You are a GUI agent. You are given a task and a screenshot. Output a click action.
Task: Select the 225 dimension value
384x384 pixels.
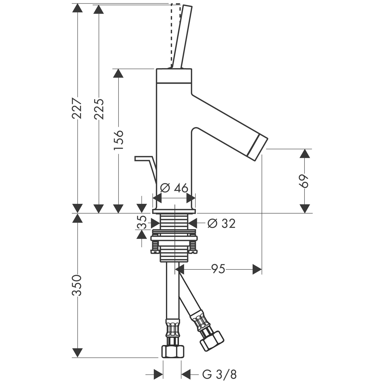[99, 109]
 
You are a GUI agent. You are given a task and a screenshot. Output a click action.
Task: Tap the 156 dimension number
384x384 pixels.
[118, 140]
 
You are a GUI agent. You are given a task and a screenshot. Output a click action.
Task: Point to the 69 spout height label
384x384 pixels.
[304, 181]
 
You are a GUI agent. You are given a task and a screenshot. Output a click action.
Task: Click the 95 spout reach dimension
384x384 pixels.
[218, 269]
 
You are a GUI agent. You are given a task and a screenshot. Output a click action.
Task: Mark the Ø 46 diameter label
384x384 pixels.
[174, 188]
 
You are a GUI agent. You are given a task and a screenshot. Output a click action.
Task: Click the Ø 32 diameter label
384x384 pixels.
[222, 223]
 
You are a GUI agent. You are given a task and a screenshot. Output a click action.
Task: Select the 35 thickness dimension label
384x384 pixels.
[142, 222]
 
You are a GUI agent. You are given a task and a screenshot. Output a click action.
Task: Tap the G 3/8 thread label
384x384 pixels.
[219, 374]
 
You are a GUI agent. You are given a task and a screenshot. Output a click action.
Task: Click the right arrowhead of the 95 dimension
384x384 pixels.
[257, 269]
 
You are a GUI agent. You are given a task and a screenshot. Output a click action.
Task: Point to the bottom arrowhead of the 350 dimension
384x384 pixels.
[77, 353]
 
